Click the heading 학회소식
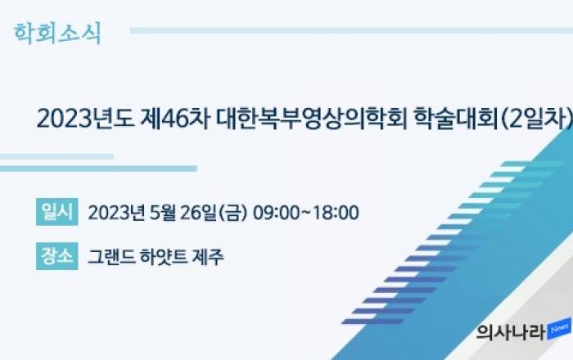[57, 34]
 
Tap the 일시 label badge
[57, 212]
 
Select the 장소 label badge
[57, 256]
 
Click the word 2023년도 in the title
[85, 119]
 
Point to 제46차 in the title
[175, 119]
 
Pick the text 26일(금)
[214, 213]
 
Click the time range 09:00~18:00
[306, 213]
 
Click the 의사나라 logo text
[512, 333]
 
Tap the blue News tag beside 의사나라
[559, 329]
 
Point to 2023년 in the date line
[116, 213]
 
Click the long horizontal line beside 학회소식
[351, 30]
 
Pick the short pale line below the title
[56, 156]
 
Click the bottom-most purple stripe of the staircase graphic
[373, 322]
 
